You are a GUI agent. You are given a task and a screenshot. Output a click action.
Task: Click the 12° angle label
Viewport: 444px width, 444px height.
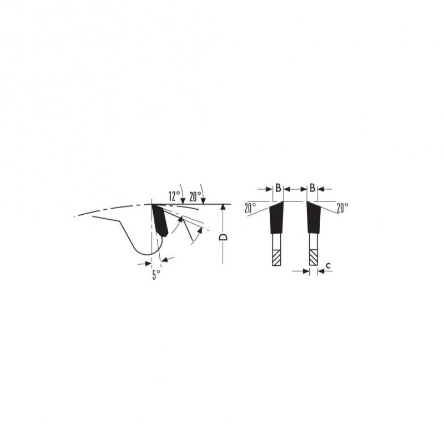(174, 196)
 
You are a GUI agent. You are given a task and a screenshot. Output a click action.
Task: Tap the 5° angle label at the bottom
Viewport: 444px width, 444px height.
(156, 275)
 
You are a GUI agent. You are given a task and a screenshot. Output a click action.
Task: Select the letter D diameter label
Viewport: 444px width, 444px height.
(224, 238)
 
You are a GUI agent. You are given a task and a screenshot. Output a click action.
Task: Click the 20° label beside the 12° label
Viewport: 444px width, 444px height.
(195, 196)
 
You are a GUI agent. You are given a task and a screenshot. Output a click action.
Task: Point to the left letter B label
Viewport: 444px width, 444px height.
(278, 188)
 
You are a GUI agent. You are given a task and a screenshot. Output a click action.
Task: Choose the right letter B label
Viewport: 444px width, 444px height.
(312, 188)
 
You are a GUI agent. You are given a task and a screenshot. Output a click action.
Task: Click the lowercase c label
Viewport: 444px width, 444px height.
(328, 266)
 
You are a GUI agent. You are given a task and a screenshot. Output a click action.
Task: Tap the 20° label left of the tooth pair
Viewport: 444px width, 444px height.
(250, 208)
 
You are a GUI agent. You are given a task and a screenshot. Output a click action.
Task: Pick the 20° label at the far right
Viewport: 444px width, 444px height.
(342, 208)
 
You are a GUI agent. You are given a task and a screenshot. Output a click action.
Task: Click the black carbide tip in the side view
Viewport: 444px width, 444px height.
(160, 220)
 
